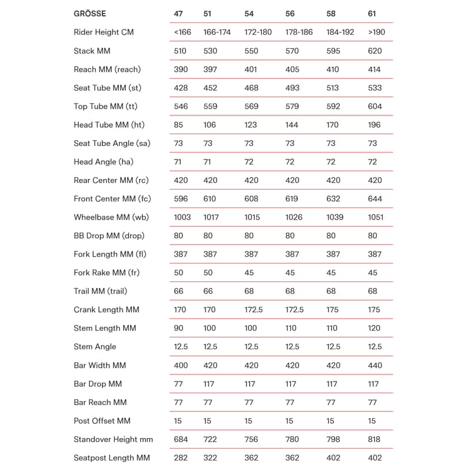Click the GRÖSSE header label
pyautogui.click(x=90, y=14)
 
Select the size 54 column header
pyautogui.click(x=250, y=14)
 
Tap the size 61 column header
pyautogui.click(x=372, y=14)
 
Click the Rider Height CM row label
pyautogui.click(x=104, y=32)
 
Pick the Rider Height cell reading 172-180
pyautogui.click(x=258, y=32)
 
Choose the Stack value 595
pyautogui.click(x=334, y=51)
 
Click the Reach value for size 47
pyautogui.click(x=181, y=69)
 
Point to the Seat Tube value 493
pyautogui.click(x=292, y=88)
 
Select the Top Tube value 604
pyautogui.click(x=374, y=107)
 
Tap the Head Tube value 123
pyautogui.click(x=251, y=125)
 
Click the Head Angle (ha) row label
pyautogui.click(x=104, y=162)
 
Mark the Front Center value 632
pyautogui.click(x=334, y=199)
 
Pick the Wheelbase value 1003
pyautogui.click(x=183, y=217)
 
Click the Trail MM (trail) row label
pyautogui.click(x=100, y=291)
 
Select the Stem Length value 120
pyautogui.click(x=374, y=329)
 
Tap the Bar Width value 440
pyautogui.click(x=374, y=366)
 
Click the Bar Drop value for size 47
pyautogui.click(x=178, y=384)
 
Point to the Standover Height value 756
pyautogui.click(x=251, y=439)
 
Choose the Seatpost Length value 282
pyautogui.click(x=181, y=458)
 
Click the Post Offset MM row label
pyautogui.click(x=102, y=421)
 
